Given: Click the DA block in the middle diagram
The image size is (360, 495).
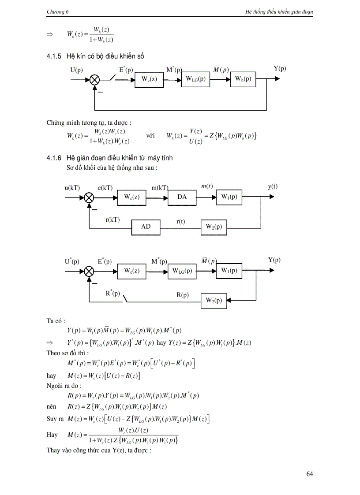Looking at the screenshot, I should pyautogui.click(x=182, y=197).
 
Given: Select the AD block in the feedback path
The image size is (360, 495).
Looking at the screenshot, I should pyautogui.click(x=146, y=227).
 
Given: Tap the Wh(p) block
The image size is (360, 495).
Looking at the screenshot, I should pyautogui.click(x=243, y=79).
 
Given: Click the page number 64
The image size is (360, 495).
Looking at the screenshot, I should pyautogui.click(x=309, y=474).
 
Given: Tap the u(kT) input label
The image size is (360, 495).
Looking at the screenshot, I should pyautogui.click(x=72, y=187).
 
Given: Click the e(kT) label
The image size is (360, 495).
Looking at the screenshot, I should pyautogui.click(x=105, y=187).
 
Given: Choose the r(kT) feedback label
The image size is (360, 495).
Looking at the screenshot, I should pyautogui.click(x=113, y=219).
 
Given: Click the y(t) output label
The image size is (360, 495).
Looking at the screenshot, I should pyautogui.click(x=273, y=186).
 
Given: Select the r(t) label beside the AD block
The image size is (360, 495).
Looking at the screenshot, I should pyautogui.click(x=180, y=222).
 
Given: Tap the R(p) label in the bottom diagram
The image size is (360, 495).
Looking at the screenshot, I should pyautogui.click(x=183, y=295).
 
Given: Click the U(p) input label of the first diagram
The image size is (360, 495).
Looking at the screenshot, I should pyautogui.click(x=76, y=69).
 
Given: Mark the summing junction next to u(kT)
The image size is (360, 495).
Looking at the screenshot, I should pyautogui.click(x=89, y=197).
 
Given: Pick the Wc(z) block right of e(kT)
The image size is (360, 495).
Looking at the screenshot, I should pyautogui.click(x=131, y=197).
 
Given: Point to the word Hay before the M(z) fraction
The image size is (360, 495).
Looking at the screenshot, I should pyautogui.click(x=52, y=435).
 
